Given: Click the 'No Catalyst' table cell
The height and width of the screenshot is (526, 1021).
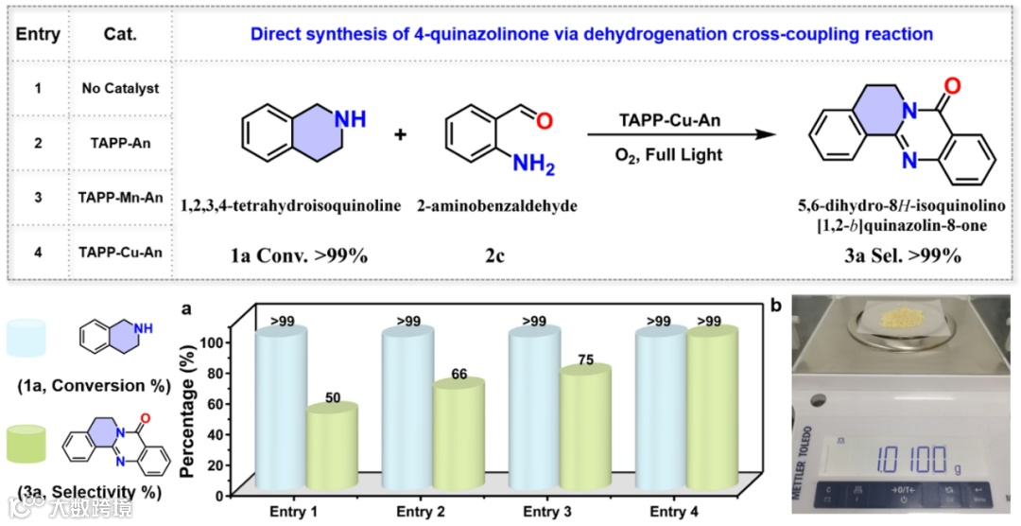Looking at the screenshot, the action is pyautogui.click(x=119, y=88).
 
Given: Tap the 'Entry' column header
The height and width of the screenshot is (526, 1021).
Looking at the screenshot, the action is pyautogui.click(x=39, y=35).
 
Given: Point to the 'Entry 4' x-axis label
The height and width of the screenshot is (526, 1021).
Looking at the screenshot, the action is pyautogui.click(x=675, y=513).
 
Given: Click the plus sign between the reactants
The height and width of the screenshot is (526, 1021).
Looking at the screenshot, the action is pyautogui.click(x=400, y=135).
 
